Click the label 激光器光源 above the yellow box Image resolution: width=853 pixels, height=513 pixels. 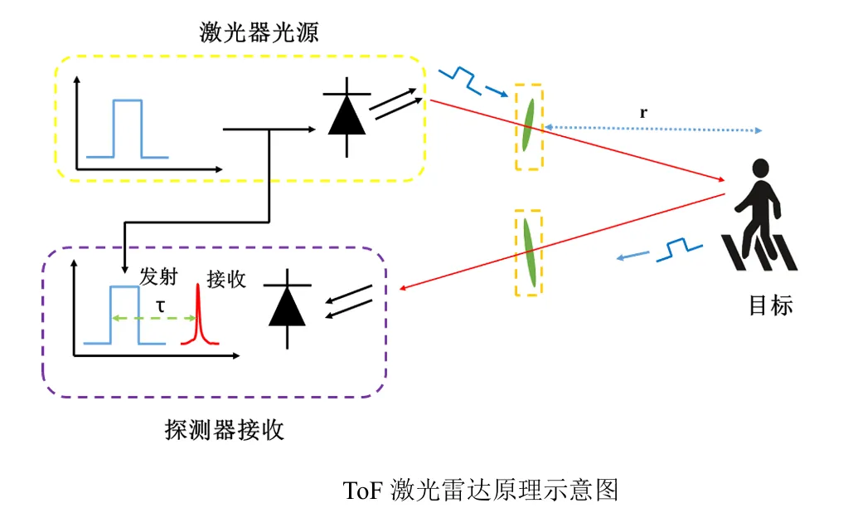click(259, 32)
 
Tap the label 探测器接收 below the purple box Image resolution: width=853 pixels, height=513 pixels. click(225, 430)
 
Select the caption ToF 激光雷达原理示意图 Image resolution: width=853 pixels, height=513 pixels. click(481, 490)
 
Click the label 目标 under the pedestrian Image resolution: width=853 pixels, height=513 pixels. click(771, 305)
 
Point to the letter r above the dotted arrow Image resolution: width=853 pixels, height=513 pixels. click(643, 113)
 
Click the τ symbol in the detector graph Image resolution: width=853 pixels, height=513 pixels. click(161, 306)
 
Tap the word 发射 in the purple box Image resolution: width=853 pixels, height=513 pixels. click(158, 276)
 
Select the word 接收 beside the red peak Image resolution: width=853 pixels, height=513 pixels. click(226, 280)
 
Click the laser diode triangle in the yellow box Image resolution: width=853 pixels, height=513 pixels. click(347, 115)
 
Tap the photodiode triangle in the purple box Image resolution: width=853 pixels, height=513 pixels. click(287, 306)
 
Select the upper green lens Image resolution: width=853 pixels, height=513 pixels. click(528, 125)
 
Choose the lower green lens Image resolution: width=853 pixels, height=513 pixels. click(530, 252)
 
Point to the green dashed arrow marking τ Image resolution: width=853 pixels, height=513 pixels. click(153, 318)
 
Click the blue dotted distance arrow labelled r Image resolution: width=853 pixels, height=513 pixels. click(653, 129)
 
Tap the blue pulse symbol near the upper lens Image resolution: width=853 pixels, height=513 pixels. click(473, 82)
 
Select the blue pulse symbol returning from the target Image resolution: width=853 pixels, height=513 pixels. click(659, 251)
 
